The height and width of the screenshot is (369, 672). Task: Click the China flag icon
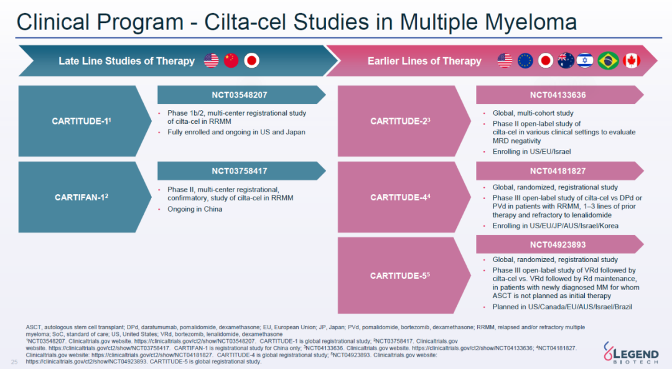231,60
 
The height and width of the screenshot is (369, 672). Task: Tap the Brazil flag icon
608,61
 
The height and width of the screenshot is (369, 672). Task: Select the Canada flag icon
632,61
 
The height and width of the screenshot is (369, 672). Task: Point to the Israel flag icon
585,61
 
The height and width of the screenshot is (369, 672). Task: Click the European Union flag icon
525,61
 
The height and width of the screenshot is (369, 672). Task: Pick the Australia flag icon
566,61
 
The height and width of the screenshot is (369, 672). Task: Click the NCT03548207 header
239,95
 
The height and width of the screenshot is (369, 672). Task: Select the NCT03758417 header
239,171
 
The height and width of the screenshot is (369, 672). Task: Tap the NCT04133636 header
558,95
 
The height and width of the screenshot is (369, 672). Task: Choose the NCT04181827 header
558,171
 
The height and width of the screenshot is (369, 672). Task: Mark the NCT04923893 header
558,245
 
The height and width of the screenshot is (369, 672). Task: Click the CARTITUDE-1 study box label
82,121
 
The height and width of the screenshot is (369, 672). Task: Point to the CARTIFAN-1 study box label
82,197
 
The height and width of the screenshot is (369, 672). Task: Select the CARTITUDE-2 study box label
400,121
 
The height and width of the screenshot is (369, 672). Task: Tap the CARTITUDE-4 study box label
400,197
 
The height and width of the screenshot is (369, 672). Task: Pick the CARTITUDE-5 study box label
400,276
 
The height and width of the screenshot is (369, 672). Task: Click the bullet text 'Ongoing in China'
195,209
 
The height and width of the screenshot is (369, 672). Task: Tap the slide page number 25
14,362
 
